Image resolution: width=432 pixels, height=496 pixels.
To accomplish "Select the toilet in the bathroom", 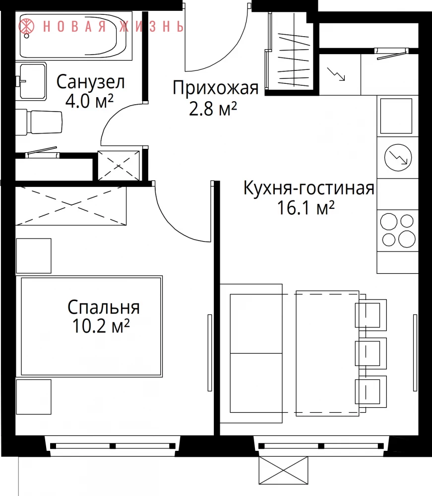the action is point(39,122).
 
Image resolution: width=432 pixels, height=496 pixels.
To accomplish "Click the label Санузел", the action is point(90,82).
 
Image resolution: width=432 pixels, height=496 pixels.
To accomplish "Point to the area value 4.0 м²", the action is point(89,101).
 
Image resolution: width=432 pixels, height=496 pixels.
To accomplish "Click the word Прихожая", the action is point(215,88).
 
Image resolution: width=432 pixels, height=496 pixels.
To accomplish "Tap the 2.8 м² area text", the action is point(213,109).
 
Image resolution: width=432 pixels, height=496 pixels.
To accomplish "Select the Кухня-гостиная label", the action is point(309,188).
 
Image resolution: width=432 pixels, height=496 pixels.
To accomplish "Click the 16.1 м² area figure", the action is point(306,208).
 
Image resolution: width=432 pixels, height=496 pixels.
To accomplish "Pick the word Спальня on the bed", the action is point(104,307).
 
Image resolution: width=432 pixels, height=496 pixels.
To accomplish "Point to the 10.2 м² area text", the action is point(101,326).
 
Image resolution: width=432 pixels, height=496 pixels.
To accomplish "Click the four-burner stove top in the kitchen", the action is point(397,231).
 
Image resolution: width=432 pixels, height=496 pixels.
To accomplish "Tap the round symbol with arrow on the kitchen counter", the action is point(398,158).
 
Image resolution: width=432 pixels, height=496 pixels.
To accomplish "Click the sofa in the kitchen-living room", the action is point(251,353).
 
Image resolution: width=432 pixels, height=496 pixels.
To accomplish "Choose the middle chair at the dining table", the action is point(370,353).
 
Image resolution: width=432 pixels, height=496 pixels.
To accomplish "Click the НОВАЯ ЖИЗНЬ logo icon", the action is point(26,26).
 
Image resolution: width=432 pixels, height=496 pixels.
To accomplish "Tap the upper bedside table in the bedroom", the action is point(34,256).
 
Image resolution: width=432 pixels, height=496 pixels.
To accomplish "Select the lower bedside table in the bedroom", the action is point(34,397).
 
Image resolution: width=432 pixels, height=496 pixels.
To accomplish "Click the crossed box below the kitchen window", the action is point(283,470).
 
